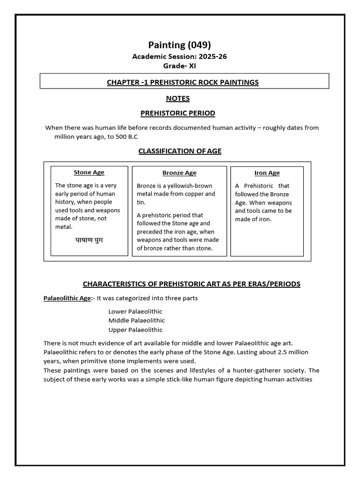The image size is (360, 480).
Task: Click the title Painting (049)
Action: [180, 45]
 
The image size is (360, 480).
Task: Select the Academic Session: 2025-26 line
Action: [180, 57]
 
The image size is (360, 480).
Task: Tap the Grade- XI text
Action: [180, 66]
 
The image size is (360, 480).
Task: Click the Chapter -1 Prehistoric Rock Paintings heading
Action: [183, 82]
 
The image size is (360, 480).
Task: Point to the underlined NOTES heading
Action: [178, 99]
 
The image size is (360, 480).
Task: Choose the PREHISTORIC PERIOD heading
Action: [178, 113]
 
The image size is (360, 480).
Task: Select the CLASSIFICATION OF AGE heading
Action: [180, 151]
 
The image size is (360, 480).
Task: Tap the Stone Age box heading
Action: [89, 172]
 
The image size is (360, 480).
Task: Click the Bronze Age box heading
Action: [179, 173]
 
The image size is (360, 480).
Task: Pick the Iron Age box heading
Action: [267, 173]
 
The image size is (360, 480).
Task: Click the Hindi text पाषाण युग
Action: [89, 240]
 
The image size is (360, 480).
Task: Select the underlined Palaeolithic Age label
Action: [67, 299]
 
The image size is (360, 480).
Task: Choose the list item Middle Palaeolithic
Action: [136, 321]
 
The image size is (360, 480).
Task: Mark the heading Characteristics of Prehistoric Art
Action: [191, 284]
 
